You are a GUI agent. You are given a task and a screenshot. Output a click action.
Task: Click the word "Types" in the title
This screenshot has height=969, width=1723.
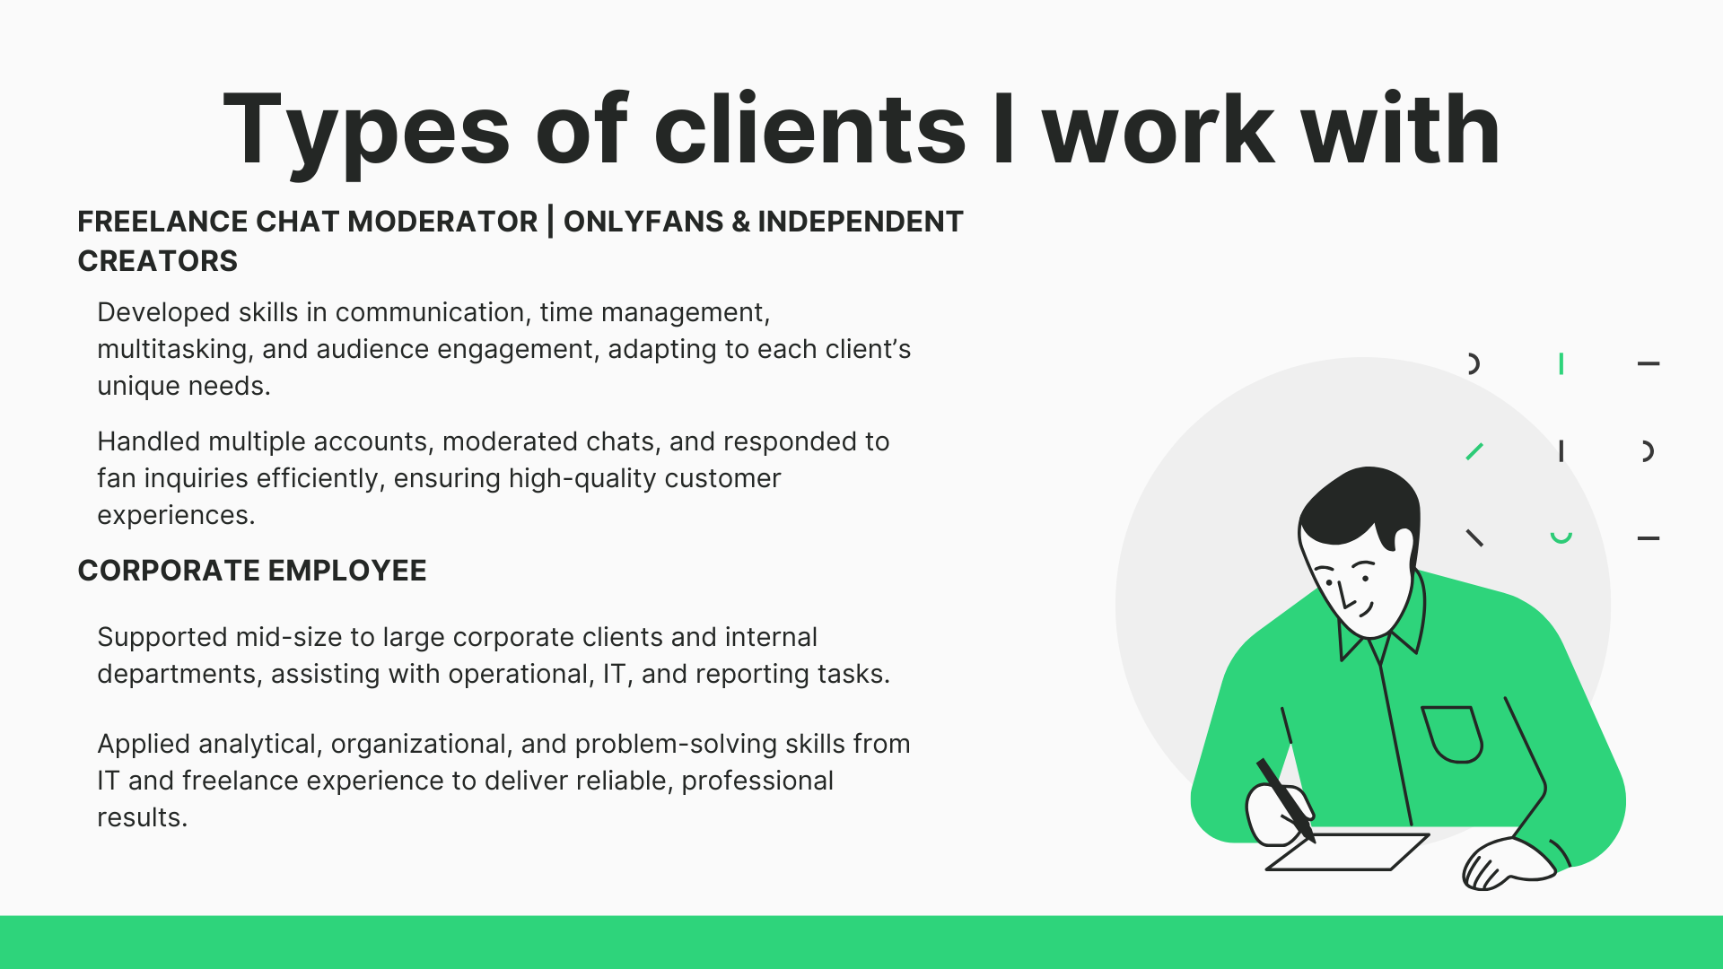click(x=366, y=131)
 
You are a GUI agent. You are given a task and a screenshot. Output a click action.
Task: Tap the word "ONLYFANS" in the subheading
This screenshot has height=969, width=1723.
click(x=643, y=222)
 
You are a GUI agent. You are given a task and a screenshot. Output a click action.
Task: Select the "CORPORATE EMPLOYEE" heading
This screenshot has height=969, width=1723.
click(x=252, y=571)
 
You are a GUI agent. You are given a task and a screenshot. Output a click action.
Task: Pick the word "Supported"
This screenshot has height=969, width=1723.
click(x=162, y=638)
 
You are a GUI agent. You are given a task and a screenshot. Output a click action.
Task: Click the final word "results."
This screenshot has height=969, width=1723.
click(x=142, y=817)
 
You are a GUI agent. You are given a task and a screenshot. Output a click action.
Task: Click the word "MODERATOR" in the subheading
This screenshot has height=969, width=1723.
click(x=442, y=222)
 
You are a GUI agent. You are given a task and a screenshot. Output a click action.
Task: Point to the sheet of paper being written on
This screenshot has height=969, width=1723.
click(x=1347, y=851)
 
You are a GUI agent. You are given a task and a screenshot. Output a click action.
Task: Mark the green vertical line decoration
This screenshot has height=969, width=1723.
click(x=1561, y=363)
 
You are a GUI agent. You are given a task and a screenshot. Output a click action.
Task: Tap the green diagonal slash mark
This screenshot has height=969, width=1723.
click(x=1474, y=451)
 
